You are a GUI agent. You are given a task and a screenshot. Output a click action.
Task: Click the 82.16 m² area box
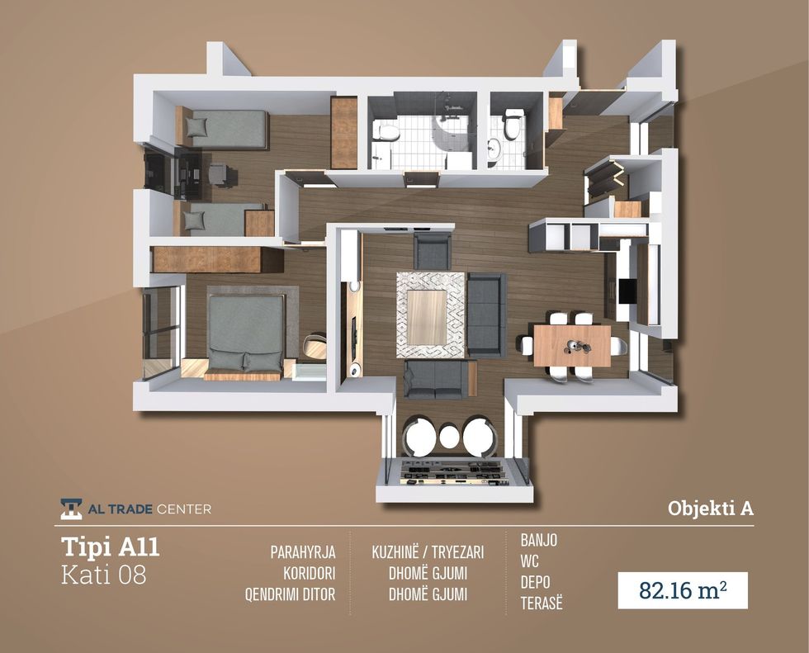683,590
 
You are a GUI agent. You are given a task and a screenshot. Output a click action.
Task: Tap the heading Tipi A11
111,547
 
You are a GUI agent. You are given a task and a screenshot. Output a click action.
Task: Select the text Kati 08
104,575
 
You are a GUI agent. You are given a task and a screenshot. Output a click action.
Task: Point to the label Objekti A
711,508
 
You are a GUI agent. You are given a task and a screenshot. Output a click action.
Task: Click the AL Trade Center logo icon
71,509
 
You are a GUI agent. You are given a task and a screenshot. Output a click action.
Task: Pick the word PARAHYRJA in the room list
303,552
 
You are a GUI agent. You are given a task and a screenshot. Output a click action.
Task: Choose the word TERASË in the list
542,603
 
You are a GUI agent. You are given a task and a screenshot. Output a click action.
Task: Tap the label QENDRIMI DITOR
290,594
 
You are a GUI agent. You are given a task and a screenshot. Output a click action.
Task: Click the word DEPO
535,582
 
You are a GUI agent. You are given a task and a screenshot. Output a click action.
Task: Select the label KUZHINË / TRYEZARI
428,552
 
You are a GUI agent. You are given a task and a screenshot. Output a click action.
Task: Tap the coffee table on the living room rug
427,315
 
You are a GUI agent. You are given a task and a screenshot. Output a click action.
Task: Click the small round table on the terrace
449,437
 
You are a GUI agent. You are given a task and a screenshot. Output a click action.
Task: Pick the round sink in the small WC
494,147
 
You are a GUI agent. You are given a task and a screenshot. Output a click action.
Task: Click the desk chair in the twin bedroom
221,174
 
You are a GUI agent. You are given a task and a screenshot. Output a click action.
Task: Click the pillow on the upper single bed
196,126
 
